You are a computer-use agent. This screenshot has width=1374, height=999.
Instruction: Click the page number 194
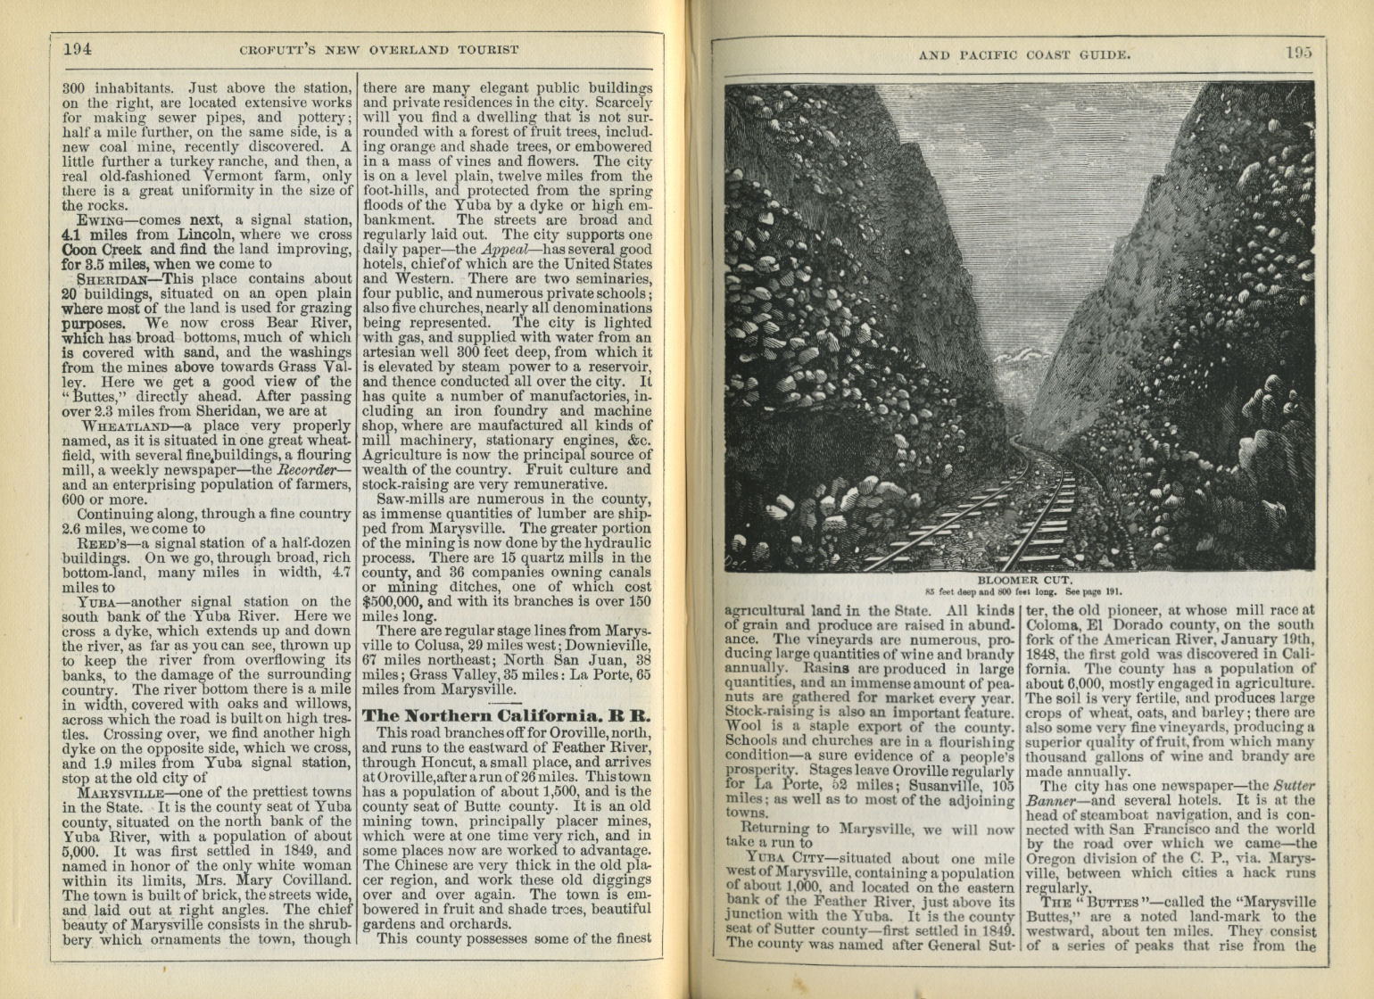pos(78,49)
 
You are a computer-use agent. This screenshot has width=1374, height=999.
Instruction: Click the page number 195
pos(1299,53)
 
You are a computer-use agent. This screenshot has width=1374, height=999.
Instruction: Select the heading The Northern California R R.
pos(507,716)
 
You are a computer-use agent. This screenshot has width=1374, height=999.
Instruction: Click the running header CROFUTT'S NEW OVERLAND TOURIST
pos(379,49)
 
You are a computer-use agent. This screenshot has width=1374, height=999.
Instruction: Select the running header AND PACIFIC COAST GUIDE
pos(1025,54)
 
